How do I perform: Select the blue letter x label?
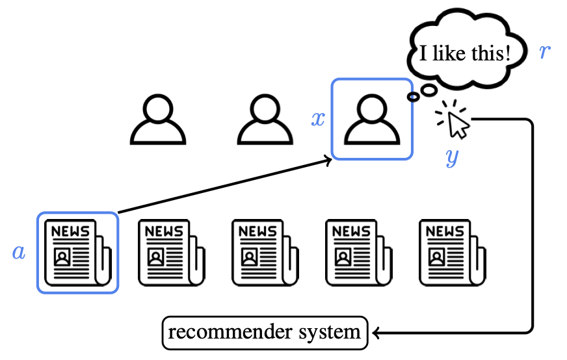click(x=317, y=120)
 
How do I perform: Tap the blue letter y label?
click(x=452, y=157)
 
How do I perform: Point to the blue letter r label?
click(x=545, y=53)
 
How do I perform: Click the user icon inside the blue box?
click(x=371, y=120)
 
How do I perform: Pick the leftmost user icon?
click(x=158, y=120)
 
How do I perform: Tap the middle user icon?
click(x=265, y=120)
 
